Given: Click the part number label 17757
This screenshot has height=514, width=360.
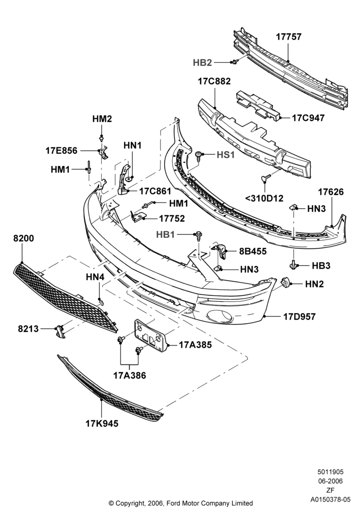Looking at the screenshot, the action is tap(289, 36).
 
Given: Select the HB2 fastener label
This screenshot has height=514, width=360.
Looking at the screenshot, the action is tap(202, 63).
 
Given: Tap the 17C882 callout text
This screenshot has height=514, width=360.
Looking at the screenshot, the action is tap(214, 81).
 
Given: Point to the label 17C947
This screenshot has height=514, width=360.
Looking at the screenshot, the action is tap(308, 118).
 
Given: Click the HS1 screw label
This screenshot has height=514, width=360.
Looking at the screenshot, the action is tap(226, 155).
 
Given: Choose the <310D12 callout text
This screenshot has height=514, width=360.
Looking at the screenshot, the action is tap(264, 198).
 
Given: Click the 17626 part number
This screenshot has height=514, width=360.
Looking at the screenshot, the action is tap(331, 192).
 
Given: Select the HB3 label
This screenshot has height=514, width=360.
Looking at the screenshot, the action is tap(321, 266).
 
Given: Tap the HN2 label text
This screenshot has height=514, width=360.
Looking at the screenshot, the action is tap(314, 284).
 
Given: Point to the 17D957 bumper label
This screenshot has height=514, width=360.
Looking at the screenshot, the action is tap(299, 317).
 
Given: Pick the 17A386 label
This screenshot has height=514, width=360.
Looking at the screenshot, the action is tap(130, 375).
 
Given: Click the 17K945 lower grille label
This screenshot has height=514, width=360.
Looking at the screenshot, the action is tap(102, 424).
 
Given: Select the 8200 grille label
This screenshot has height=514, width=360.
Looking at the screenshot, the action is tap(24, 238).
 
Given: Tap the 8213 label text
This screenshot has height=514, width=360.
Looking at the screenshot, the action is tap(28, 328).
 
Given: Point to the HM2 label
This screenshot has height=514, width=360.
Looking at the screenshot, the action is tap(102, 119).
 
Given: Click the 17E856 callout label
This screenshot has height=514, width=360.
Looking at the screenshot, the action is tap(61, 151).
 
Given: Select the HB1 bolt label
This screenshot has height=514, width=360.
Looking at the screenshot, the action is tap(166, 234).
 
